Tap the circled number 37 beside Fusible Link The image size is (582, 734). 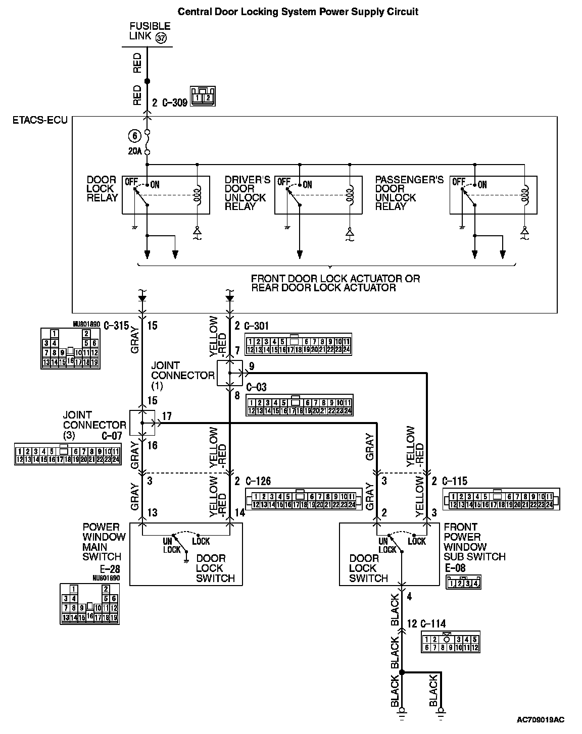point(161,38)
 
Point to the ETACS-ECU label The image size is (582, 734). point(40,121)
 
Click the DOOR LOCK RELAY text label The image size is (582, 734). point(102,189)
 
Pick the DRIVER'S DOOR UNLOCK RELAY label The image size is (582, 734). point(247,193)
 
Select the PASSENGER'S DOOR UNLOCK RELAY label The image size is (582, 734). point(409,193)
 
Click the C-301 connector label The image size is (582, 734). point(257,326)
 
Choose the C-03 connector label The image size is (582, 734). point(257,387)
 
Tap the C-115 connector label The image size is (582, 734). point(455,481)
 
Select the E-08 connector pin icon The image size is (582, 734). point(463,583)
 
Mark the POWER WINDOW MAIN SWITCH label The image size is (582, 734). point(102,542)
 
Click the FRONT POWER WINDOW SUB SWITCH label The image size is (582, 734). point(474,542)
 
